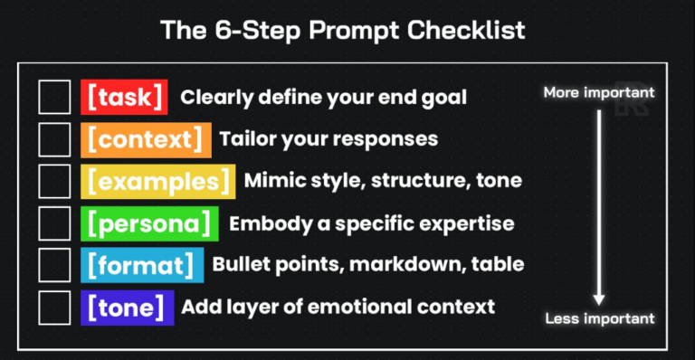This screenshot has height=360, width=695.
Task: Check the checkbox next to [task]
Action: point(54,97)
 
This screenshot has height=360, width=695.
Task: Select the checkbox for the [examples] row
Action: point(54,181)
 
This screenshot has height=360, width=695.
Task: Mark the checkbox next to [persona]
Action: point(54,223)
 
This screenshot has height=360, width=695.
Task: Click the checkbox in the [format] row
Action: point(54,265)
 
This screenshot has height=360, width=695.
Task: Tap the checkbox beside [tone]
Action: point(54,307)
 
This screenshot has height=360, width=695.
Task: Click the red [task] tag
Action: point(124,97)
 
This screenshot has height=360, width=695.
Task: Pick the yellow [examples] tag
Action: point(157,181)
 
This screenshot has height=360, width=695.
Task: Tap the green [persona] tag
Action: point(149,223)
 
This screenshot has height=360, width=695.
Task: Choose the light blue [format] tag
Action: point(141,265)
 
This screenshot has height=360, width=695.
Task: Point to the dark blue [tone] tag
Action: point(127,307)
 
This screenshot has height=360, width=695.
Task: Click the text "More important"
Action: point(598,93)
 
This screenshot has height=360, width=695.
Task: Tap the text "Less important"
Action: point(599,318)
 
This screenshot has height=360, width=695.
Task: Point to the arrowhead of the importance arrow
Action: point(599,299)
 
